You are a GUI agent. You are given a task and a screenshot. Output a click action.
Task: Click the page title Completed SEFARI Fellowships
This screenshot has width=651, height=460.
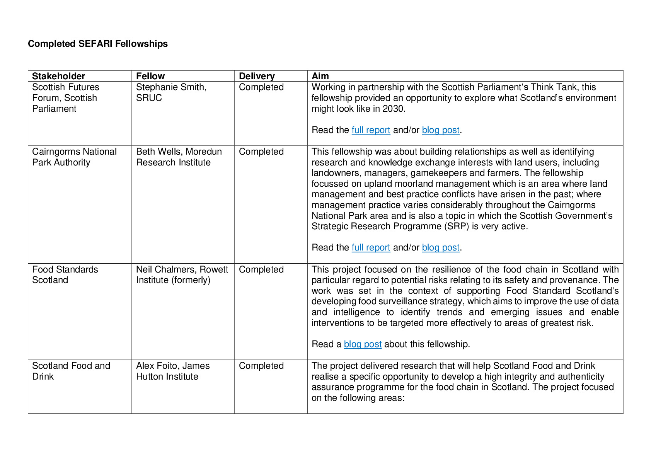coord(98,44)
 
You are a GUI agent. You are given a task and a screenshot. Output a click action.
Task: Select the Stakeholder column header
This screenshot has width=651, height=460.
coord(59,76)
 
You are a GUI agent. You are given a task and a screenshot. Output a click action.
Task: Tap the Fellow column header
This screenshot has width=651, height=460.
coord(150,76)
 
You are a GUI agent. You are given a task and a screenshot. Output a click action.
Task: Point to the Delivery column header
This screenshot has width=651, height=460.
coord(257,76)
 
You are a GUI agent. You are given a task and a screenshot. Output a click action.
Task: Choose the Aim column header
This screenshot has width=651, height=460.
coord(320,76)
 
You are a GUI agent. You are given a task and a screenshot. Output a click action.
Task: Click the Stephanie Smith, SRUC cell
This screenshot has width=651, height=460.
coord(171,92)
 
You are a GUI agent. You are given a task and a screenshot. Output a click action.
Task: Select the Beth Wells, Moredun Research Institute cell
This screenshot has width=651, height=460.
coord(179,157)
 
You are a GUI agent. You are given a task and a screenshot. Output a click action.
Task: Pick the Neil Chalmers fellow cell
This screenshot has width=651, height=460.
coord(182,274)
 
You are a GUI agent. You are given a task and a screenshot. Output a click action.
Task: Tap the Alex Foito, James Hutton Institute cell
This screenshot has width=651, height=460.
coord(173,371)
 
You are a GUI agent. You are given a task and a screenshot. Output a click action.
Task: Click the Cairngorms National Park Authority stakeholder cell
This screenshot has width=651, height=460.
coord(74,157)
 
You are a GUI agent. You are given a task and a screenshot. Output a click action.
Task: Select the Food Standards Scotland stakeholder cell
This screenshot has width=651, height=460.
coord(65,274)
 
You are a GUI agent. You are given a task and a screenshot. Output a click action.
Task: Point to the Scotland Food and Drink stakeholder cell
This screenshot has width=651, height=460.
coord(71,371)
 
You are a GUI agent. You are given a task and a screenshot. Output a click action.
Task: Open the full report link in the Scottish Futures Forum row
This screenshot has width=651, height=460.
coord(371,130)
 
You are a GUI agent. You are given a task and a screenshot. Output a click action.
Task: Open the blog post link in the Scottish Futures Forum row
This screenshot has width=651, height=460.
coord(441,130)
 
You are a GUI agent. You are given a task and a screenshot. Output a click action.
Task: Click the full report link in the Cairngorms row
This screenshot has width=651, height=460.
coord(371,248)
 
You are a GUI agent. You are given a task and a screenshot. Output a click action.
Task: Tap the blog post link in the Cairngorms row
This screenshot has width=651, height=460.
coord(441,248)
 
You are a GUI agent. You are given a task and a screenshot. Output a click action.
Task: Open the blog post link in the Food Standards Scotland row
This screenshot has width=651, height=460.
coord(363,344)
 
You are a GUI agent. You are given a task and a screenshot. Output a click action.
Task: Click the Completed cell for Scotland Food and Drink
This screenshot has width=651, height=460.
coord(261,366)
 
